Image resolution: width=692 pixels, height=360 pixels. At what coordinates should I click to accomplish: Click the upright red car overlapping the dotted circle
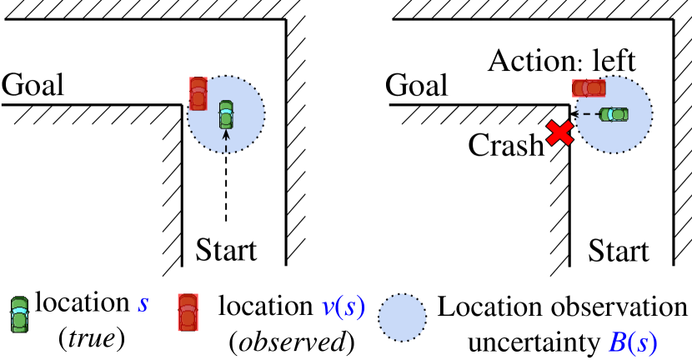tap(198, 93)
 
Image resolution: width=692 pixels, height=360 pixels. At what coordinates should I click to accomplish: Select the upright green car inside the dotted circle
tap(226, 115)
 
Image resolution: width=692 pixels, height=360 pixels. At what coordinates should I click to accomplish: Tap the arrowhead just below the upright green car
tap(226, 134)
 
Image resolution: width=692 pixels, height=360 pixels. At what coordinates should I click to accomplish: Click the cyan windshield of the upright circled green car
tap(226, 111)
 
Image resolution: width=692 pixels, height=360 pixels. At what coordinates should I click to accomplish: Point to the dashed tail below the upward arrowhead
tap(226, 147)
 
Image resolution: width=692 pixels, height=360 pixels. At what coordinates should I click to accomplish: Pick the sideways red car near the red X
tap(589, 88)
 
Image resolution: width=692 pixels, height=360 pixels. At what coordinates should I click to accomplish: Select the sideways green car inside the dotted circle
tap(614, 114)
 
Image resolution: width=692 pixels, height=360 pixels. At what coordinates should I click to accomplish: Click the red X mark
tap(559, 132)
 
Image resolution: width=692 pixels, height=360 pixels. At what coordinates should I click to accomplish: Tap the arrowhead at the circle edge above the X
tap(578, 114)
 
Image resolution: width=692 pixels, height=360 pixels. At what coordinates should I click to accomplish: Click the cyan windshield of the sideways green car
tap(610, 114)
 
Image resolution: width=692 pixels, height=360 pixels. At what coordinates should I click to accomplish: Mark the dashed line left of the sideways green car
tap(590, 114)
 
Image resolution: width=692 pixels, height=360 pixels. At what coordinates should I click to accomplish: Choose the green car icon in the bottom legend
tap(19, 315)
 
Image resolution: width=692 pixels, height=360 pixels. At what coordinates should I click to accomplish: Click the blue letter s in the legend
tap(143, 303)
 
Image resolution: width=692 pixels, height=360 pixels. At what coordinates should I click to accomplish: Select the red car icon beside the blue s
tap(188, 312)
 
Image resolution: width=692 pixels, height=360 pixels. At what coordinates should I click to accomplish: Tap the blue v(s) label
tap(343, 306)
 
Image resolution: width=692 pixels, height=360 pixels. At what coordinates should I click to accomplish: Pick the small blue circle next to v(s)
tap(402, 317)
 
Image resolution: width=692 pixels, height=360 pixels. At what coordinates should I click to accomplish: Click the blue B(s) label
tap(632, 342)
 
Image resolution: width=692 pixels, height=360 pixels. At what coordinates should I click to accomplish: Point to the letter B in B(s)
tap(618, 342)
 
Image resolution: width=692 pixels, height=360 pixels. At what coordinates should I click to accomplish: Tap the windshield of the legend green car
tap(19, 311)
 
